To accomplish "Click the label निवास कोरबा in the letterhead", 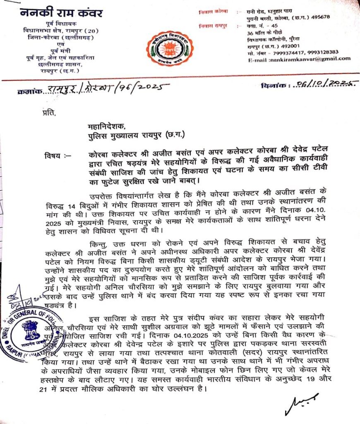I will pos(219,11).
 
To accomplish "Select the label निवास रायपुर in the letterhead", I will pos(220,26).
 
